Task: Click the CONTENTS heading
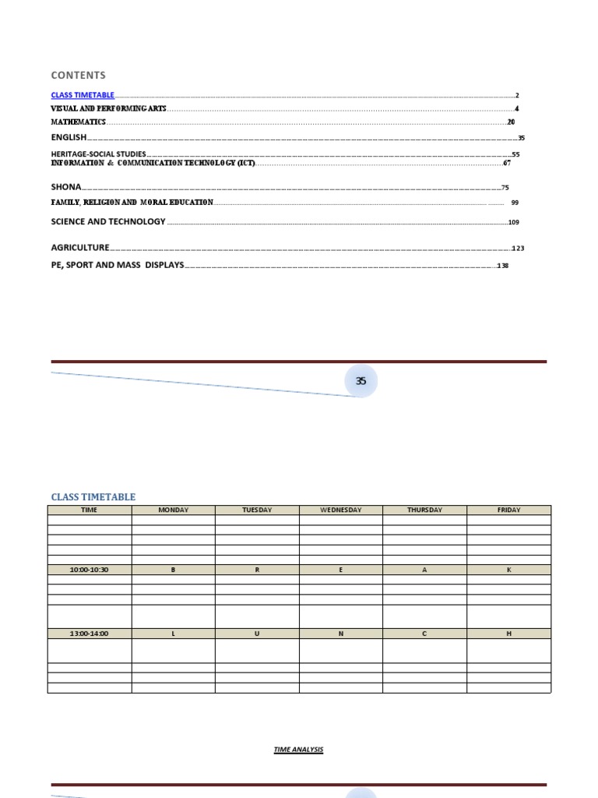pyautogui.click(x=78, y=76)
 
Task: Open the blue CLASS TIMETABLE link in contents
pyautogui.click(x=83, y=95)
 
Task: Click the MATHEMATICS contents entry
pyautogui.click(x=79, y=122)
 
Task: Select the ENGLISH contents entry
pyautogui.click(x=69, y=137)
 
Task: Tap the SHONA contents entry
pyautogui.click(x=66, y=187)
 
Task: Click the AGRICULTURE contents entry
pyautogui.click(x=80, y=248)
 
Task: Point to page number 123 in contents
pyautogui.click(x=519, y=249)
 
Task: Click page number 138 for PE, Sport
pyautogui.click(x=502, y=266)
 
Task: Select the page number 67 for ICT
pyautogui.click(x=507, y=164)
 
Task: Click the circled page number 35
pyautogui.click(x=361, y=381)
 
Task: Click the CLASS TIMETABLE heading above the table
pyautogui.click(x=93, y=496)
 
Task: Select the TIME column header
pyautogui.click(x=90, y=510)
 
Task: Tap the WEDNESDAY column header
pyautogui.click(x=341, y=510)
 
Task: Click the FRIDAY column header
pyautogui.click(x=509, y=510)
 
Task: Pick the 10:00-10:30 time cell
pyautogui.click(x=90, y=570)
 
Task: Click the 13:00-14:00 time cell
pyautogui.click(x=90, y=634)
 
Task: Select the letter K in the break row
pyautogui.click(x=509, y=570)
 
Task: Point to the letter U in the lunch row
pyautogui.click(x=257, y=634)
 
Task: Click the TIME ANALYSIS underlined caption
pyautogui.click(x=298, y=750)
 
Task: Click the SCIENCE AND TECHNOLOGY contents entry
pyautogui.click(x=108, y=221)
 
